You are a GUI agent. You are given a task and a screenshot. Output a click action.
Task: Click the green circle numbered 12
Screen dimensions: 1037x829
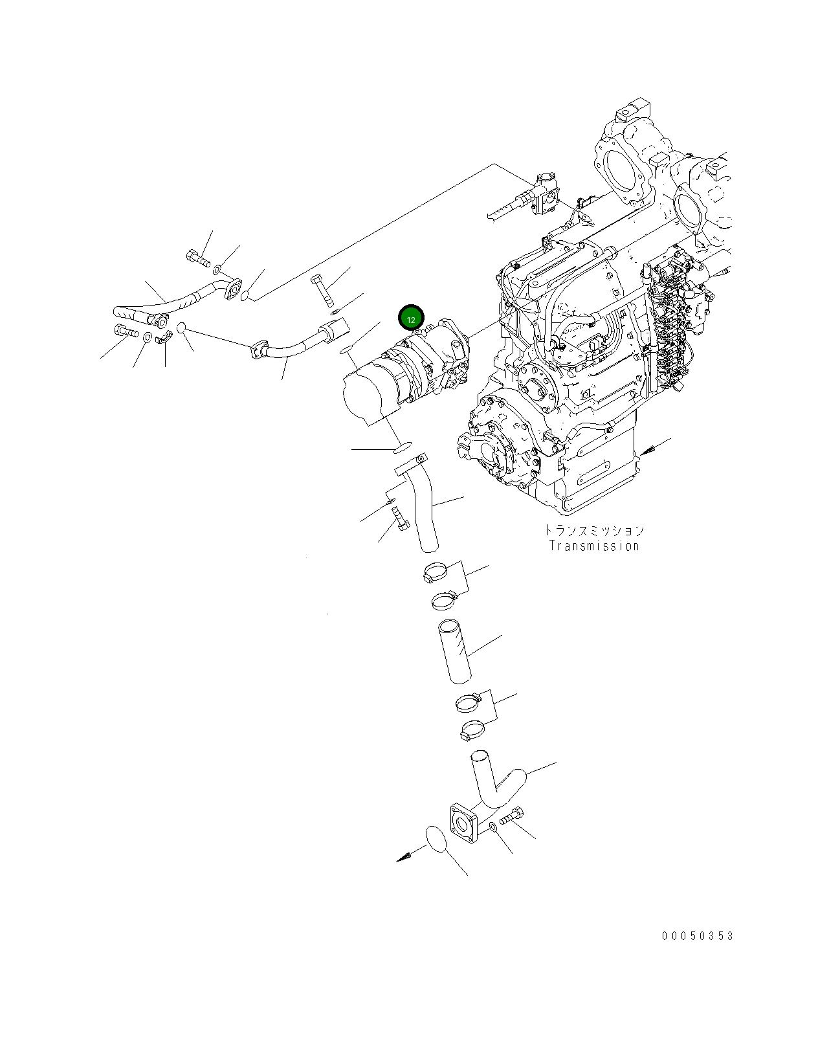[411, 318]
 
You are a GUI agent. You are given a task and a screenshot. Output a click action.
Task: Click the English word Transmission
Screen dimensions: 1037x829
[594, 546]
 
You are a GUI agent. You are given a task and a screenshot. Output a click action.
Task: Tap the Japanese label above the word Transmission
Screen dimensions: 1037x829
[594, 531]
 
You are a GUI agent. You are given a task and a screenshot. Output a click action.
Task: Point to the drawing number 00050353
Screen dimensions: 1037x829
[698, 936]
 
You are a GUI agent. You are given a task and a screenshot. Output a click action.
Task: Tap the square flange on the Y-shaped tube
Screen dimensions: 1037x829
[463, 826]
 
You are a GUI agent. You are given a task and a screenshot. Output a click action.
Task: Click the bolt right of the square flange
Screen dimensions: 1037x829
[511, 818]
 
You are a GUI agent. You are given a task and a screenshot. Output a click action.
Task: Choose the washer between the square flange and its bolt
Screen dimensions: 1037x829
[493, 828]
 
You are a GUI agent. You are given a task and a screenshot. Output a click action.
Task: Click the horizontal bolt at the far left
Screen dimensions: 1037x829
[126, 331]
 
